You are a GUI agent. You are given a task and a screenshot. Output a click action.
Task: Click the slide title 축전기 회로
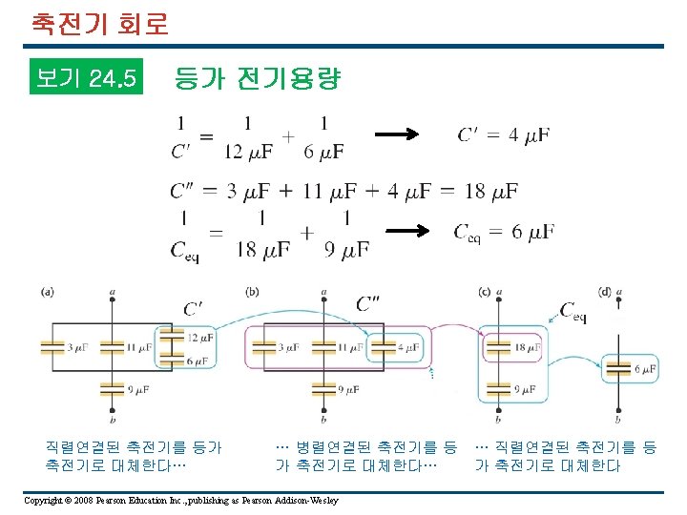point(99,23)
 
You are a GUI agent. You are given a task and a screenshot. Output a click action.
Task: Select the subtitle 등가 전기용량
point(257,79)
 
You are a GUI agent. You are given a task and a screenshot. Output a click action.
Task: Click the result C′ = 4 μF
point(503,135)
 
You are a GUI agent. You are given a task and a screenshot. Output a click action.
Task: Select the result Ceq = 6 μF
point(503,232)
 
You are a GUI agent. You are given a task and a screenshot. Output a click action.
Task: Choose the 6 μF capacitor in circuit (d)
point(618,368)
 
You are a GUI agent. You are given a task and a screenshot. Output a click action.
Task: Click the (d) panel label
point(604,291)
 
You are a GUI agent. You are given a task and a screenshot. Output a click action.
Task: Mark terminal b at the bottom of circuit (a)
point(113,419)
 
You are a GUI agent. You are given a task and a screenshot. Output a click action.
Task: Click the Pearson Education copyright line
point(181,500)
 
